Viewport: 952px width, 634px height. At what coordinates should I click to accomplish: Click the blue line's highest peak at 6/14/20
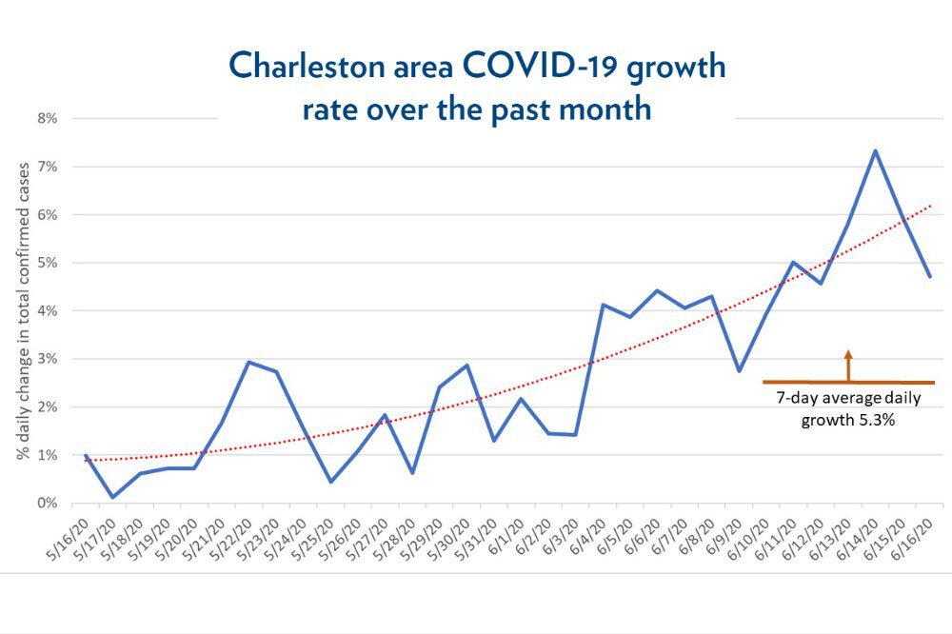(x=875, y=150)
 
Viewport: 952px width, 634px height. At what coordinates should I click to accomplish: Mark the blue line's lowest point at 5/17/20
(x=113, y=497)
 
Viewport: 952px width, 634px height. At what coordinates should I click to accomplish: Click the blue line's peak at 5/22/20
(x=248, y=362)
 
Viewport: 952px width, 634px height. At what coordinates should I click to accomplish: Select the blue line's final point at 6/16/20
(x=929, y=276)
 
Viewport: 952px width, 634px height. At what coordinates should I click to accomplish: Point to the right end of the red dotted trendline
(x=930, y=205)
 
